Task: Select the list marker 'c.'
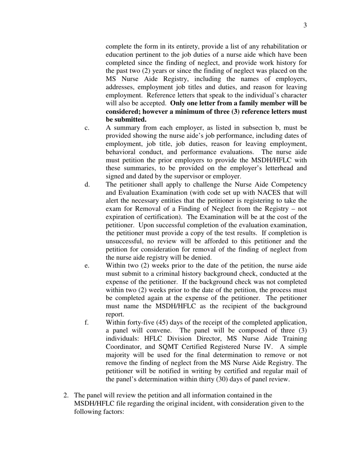(x=87, y=128)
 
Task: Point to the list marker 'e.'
(x=87, y=266)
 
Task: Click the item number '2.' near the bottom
(x=66, y=396)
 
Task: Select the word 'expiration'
(x=122, y=217)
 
